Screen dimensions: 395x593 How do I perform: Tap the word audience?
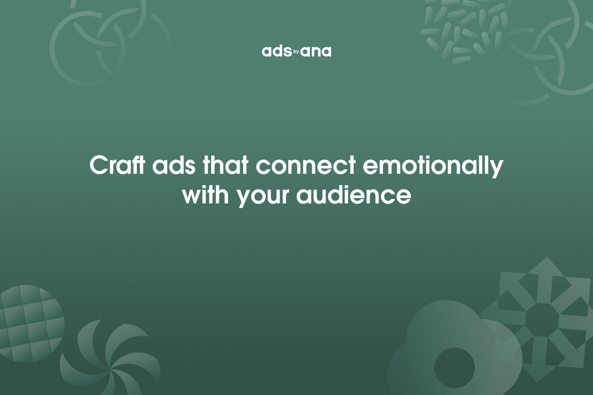tap(354, 196)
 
